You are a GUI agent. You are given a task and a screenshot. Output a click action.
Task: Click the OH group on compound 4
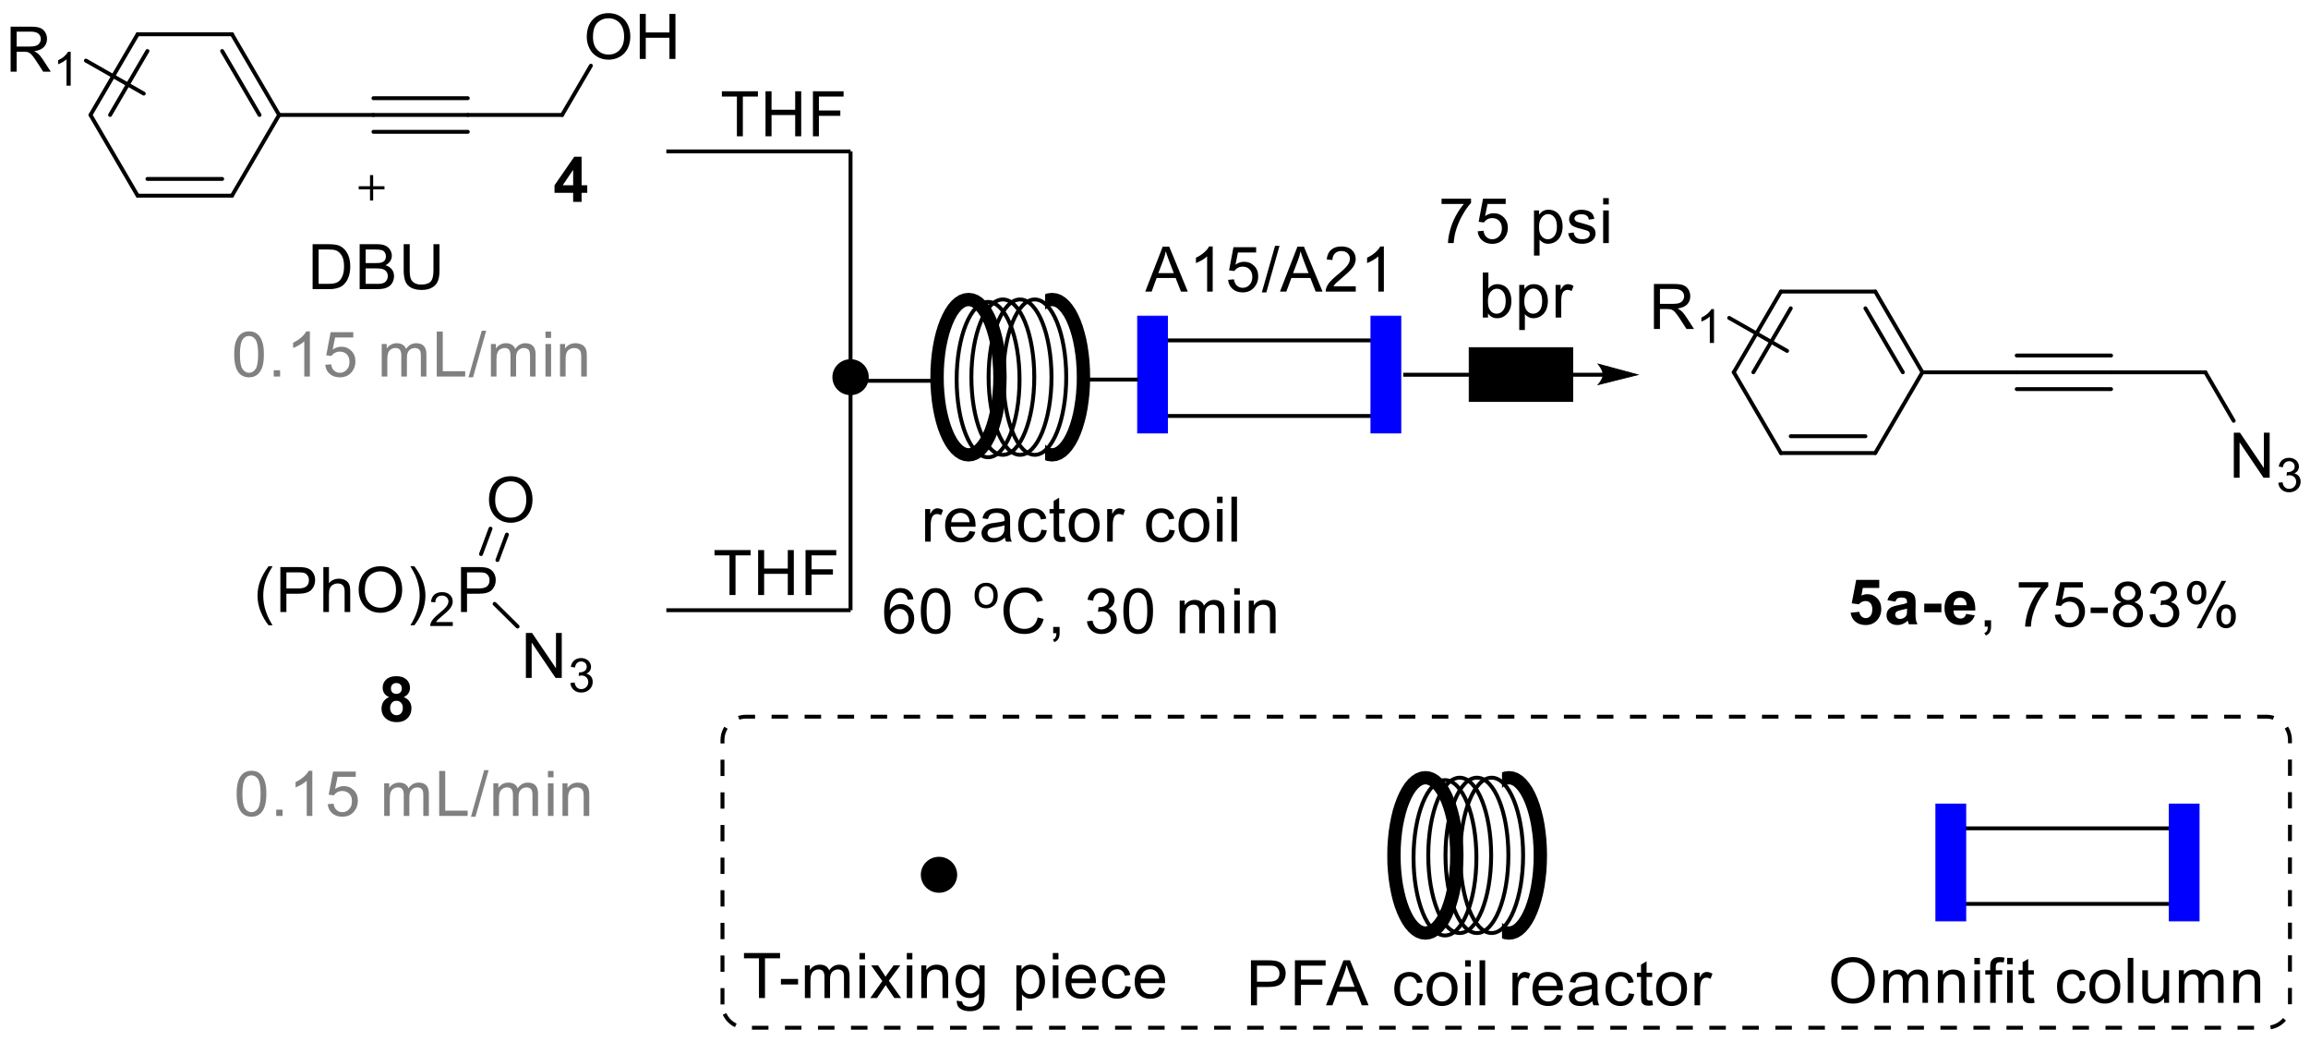pos(632,39)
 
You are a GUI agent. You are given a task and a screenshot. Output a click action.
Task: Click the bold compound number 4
pos(571,181)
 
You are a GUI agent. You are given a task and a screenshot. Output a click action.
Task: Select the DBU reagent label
pos(376,269)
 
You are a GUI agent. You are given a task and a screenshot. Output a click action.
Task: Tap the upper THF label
pos(783,116)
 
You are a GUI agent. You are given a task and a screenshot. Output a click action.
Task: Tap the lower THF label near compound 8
pos(776,574)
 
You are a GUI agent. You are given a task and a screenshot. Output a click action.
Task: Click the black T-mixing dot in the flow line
pos(849,377)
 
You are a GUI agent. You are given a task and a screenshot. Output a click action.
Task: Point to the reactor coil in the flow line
pos(1010,377)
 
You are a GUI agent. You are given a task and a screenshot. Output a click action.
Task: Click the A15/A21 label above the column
pos(1269,273)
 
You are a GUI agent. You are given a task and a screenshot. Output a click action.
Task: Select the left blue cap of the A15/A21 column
pos(1152,374)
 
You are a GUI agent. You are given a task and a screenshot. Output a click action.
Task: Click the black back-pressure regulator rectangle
pos(1520,374)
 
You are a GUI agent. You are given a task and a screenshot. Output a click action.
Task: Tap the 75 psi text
pos(1524,223)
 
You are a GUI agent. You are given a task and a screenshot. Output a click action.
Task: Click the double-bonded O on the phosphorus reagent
pos(510,501)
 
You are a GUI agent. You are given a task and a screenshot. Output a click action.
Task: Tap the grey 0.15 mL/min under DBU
pos(411,356)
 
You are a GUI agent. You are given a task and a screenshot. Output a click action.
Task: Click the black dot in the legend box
pos(939,874)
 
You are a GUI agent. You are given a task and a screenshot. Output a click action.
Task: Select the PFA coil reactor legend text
pos(1479,984)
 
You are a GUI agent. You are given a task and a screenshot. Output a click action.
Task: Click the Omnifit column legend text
pos(2045,981)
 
